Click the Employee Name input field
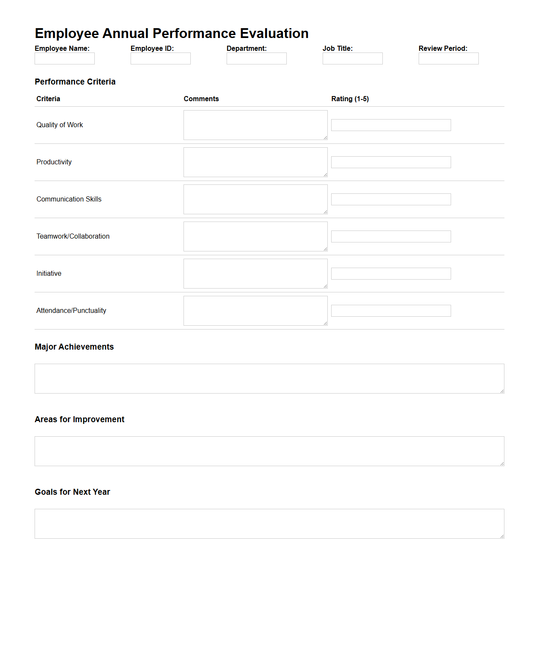click(x=64, y=58)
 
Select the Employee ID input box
click(x=160, y=58)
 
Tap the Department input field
click(x=256, y=58)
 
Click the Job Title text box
click(x=353, y=58)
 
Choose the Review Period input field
click(x=449, y=58)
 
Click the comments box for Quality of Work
click(x=255, y=125)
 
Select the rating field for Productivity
click(x=391, y=162)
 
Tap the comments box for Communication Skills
click(x=255, y=199)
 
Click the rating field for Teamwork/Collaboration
click(x=391, y=236)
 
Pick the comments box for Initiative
click(x=255, y=274)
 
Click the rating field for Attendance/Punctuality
click(x=391, y=311)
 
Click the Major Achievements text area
click(x=269, y=379)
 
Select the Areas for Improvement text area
click(x=269, y=451)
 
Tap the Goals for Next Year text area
click(x=269, y=524)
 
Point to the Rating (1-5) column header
click(x=350, y=99)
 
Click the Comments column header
click(x=201, y=99)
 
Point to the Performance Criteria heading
click(x=75, y=82)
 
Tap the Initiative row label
click(x=49, y=274)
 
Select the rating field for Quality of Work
click(x=391, y=125)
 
